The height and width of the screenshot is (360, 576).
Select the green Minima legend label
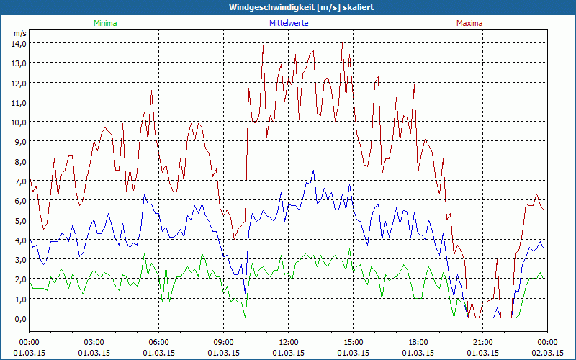[104, 23]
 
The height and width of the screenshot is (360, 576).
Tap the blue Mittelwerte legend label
[289, 23]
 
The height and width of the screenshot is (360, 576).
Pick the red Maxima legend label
[469, 23]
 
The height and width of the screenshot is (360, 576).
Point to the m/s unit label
[19, 33]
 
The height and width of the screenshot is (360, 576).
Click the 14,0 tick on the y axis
[18, 43]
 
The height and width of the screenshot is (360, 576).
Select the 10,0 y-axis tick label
[18, 122]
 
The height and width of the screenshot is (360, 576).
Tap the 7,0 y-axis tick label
[18, 181]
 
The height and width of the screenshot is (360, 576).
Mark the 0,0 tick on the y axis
[18, 318]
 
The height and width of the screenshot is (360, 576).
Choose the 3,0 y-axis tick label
[18, 259]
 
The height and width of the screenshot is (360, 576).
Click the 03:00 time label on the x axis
[94, 341]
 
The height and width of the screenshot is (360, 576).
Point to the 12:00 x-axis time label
[289, 341]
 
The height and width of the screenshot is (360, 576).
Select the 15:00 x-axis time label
[354, 341]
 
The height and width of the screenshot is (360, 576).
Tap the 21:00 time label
[483, 341]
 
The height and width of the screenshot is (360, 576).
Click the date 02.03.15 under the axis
[547, 353]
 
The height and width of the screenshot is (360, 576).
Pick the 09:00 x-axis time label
[224, 341]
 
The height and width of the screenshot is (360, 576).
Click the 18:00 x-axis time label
[418, 341]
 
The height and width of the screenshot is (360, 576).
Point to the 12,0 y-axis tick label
[18, 82]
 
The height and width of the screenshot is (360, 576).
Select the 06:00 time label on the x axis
[159, 341]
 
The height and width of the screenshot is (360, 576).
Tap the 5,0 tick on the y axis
[18, 220]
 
